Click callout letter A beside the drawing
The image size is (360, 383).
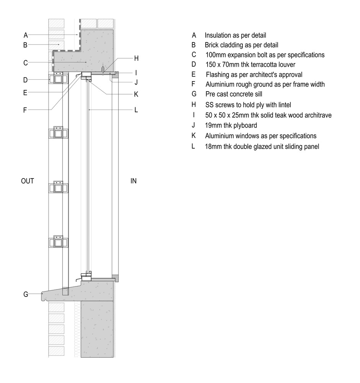coord(26,35)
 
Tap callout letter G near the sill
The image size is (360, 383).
coord(26,294)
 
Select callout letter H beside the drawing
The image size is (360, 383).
coord(136,58)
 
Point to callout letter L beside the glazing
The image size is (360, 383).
coord(136,110)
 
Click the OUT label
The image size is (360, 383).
coord(27,181)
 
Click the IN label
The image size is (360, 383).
coord(133,181)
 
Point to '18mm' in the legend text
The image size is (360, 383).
coord(213,147)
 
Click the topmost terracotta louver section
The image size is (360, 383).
coord(58,78)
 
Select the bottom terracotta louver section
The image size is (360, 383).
coord(58,242)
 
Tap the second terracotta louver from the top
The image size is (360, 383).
coord(58,133)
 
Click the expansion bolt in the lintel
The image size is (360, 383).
coord(103,69)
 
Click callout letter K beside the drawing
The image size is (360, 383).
coord(136,94)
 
